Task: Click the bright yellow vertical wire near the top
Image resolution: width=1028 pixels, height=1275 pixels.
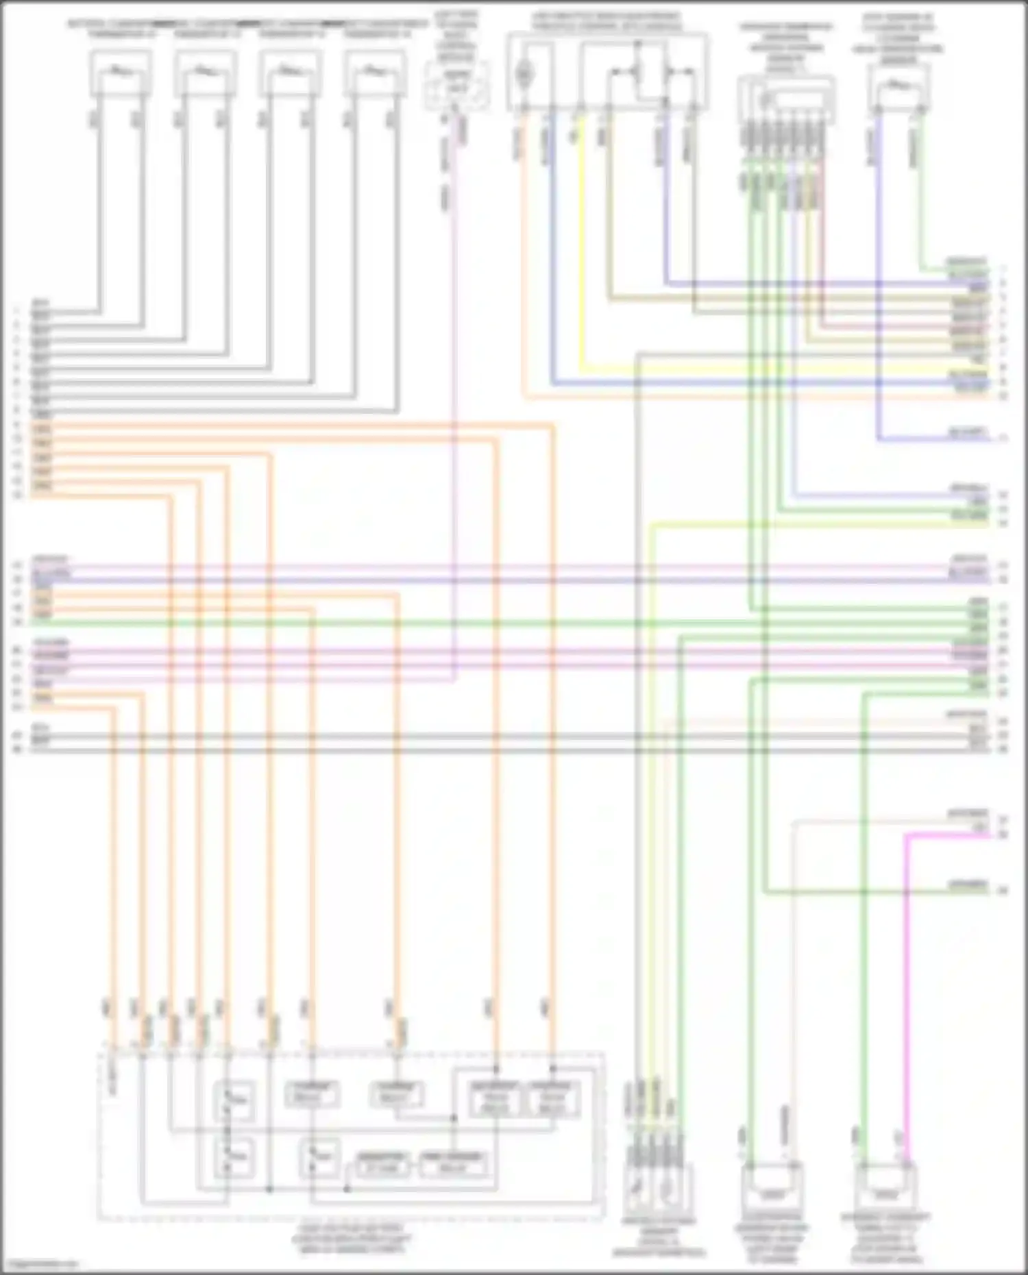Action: tap(582, 240)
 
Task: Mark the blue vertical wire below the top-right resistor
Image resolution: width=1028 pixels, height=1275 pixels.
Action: tap(879, 274)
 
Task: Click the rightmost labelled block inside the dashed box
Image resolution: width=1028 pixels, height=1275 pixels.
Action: tap(552, 1098)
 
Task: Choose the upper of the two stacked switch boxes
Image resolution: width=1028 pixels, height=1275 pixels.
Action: tap(234, 1100)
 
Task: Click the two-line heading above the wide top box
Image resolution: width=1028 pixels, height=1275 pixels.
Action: tap(607, 21)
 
